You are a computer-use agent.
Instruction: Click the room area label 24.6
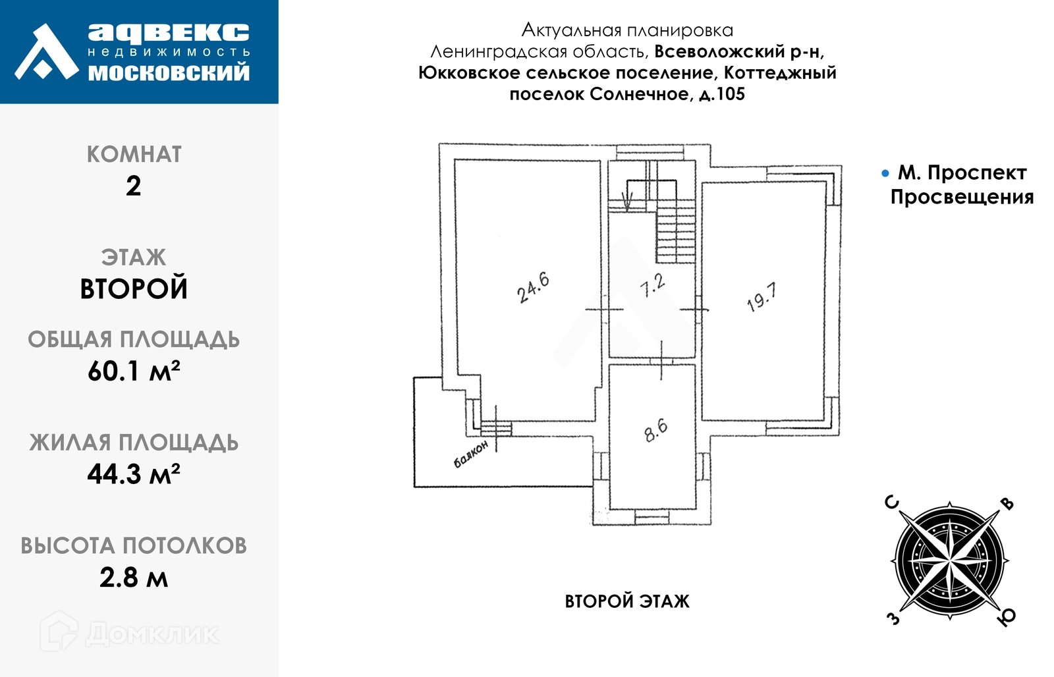[x=533, y=287]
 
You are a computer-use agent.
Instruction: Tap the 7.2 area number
[x=652, y=286]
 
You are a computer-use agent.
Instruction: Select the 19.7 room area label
[x=761, y=297]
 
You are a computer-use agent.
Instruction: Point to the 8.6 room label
[x=655, y=431]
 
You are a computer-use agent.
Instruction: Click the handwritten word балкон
[x=471, y=454]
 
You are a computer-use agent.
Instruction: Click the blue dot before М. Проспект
[x=885, y=174]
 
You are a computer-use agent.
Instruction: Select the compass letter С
[x=891, y=503]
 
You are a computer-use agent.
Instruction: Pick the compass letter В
[x=1007, y=504]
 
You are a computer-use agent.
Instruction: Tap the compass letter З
[x=893, y=618]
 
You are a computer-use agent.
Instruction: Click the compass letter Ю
[x=1007, y=618]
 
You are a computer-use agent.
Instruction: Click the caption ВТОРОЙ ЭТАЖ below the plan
[x=627, y=601]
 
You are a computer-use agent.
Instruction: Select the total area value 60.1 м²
[x=134, y=371]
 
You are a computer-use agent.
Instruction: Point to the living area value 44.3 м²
[x=134, y=474]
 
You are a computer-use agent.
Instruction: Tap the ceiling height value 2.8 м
[x=134, y=578]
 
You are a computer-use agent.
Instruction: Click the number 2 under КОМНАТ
[x=134, y=186]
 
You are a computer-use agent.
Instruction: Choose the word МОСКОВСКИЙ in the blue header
[x=169, y=72]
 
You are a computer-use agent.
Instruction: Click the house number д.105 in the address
[x=722, y=94]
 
